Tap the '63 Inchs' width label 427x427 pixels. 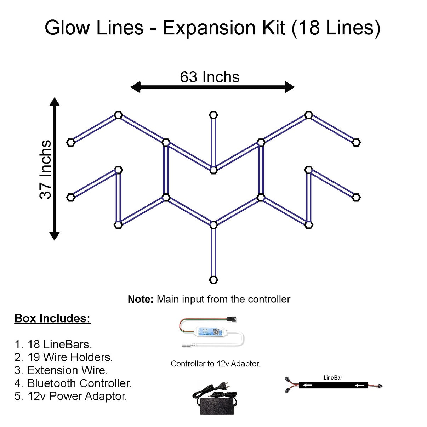[x=210, y=77]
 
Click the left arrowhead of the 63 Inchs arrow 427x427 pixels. [x=135, y=87]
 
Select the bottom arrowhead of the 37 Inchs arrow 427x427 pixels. [x=54, y=235]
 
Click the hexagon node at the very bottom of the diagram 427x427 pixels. [x=213, y=280]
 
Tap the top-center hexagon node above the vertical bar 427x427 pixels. [x=213, y=115]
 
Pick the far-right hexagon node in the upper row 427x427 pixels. [x=356, y=142]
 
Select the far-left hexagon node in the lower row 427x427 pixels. [x=71, y=197]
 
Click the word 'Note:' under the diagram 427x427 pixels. [x=140, y=299]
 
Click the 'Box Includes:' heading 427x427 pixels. [x=52, y=318]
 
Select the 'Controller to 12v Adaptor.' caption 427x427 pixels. [x=215, y=364]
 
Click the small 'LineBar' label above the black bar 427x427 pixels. [x=333, y=377]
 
